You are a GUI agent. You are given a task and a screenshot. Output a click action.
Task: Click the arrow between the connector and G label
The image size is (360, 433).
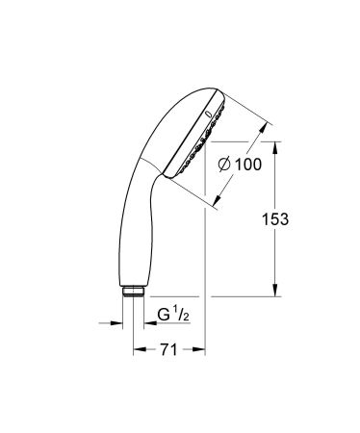tap(150, 323)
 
